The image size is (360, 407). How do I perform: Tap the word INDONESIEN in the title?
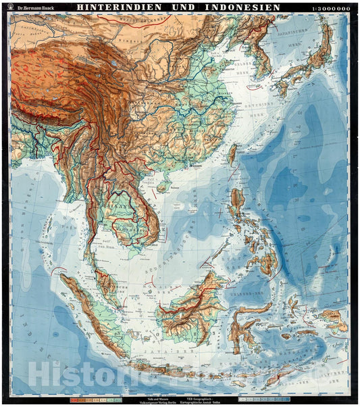237,7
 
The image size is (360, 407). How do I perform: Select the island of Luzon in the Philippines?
238,203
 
